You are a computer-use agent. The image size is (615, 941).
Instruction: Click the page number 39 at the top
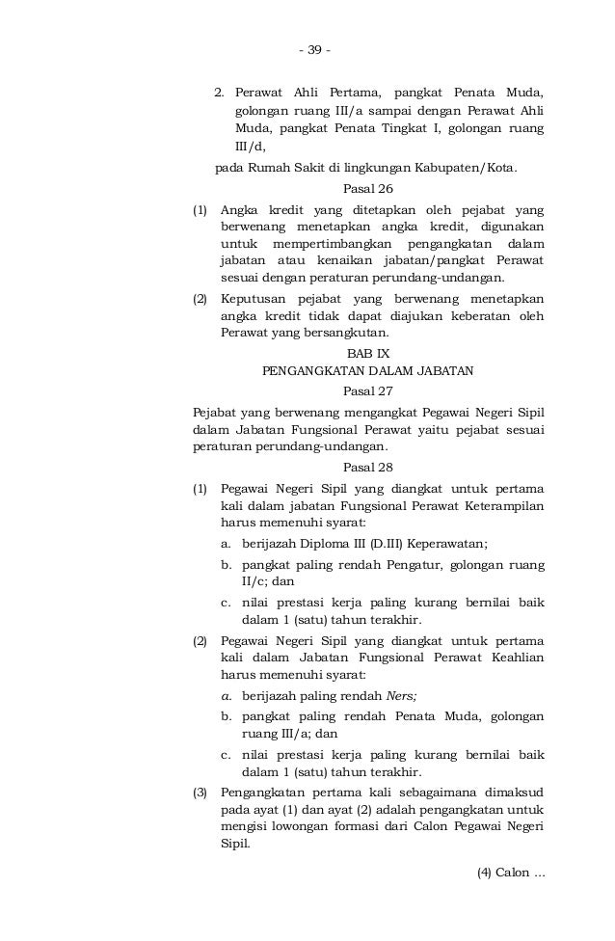(313, 50)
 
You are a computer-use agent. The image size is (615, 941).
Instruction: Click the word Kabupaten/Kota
(466, 168)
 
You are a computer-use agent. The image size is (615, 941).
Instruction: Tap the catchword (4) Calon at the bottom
(511, 874)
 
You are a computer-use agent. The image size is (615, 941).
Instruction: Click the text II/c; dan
(268, 581)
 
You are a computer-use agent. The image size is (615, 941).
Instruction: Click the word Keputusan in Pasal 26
(256, 298)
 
